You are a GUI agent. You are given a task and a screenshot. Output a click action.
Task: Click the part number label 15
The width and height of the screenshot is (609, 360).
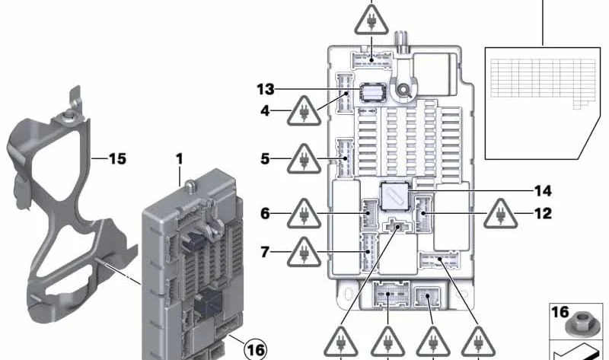pyautogui.click(x=116, y=159)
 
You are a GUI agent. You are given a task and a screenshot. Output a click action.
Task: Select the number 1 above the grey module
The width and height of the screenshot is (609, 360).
pyautogui.click(x=180, y=159)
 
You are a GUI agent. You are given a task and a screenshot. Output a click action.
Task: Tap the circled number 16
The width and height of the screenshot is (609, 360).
pyautogui.click(x=256, y=349)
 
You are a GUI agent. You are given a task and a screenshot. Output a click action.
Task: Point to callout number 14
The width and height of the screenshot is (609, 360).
pyautogui.click(x=543, y=190)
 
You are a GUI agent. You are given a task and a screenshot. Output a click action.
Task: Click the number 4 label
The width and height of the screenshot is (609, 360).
pyautogui.click(x=265, y=111)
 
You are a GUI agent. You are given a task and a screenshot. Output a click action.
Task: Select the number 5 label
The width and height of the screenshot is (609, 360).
pyautogui.click(x=265, y=159)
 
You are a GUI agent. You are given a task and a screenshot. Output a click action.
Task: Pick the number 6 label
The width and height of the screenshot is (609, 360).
pyautogui.click(x=265, y=214)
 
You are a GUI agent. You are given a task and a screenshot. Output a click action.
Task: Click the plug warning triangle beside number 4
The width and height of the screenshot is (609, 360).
pyautogui.click(x=303, y=114)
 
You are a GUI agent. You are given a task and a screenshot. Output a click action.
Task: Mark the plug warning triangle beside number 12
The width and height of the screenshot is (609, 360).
pyautogui.click(x=500, y=214)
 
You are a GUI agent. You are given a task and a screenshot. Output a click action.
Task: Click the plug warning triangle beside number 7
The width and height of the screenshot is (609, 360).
pyautogui.click(x=304, y=251)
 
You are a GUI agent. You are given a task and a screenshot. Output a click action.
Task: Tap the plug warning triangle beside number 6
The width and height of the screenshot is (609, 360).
pyautogui.click(x=304, y=215)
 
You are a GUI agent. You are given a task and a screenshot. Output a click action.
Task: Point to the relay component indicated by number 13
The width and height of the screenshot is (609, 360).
pyautogui.click(x=372, y=91)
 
